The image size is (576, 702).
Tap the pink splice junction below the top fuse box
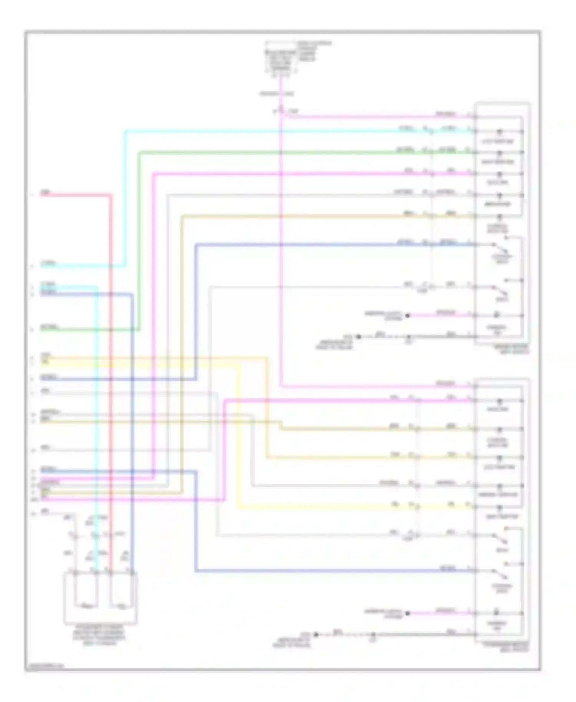pos(281,112)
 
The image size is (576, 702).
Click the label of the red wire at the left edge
pos(45,193)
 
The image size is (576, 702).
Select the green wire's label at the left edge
pos(49,327)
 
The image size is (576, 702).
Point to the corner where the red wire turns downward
pos(111,196)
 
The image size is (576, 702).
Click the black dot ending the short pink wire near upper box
pos(408,316)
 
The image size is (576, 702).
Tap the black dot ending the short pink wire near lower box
pos(408,613)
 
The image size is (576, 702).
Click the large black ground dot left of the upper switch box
pos(358,337)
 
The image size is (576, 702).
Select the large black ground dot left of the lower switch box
pos(316,634)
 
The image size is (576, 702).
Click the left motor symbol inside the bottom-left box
pos(86,606)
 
